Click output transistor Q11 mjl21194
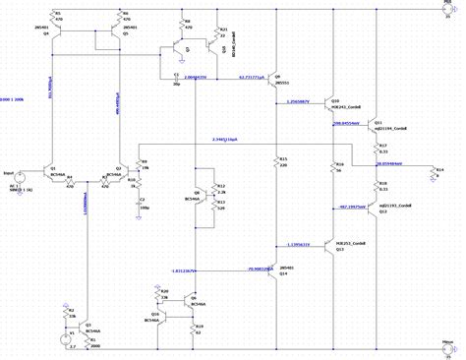click(376, 125)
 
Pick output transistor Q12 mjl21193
click(376, 208)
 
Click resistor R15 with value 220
click(276, 162)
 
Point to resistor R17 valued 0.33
click(379, 150)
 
